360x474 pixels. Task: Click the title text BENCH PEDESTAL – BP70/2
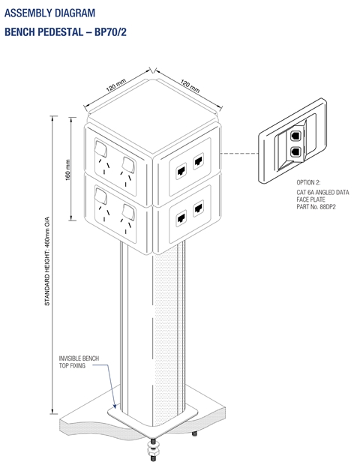[x=65, y=31]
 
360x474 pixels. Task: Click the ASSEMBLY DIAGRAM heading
[x=49, y=13]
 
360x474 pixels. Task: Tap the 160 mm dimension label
[x=67, y=170]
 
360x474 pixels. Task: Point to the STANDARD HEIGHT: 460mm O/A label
[x=47, y=261]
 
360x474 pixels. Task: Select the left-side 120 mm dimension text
[x=115, y=85]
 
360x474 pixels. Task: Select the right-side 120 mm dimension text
[x=190, y=85]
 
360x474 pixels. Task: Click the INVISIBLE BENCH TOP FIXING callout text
[x=79, y=361]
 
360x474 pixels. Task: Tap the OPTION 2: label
[x=308, y=182]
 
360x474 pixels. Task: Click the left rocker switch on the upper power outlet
[x=100, y=148]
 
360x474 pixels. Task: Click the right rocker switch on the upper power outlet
[x=128, y=165]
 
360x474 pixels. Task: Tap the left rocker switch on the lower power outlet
[x=100, y=196]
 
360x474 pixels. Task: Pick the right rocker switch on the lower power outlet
[x=128, y=212]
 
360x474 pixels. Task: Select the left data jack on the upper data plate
[x=181, y=171]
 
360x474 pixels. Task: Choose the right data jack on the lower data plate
[x=198, y=208]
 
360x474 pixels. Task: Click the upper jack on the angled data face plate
[x=295, y=136]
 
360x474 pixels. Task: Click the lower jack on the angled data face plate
[x=295, y=151]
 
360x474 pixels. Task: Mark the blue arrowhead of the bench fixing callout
[x=114, y=406]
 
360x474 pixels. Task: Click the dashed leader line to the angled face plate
[x=239, y=153]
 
